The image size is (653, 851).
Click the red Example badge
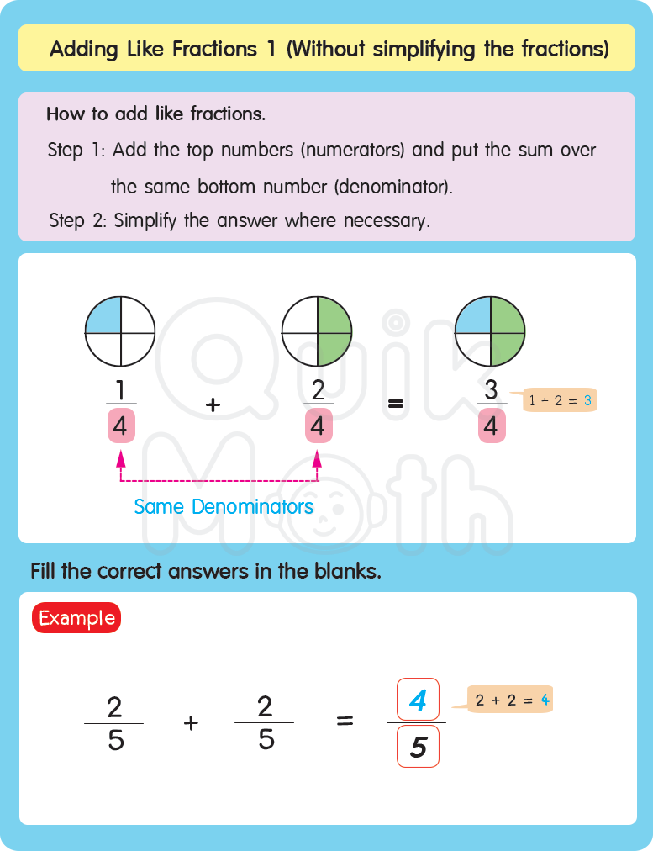tap(76, 618)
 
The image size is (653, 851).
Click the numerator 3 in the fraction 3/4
tap(491, 390)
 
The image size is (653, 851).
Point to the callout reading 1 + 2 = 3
tap(560, 401)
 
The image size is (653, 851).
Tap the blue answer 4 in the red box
tap(418, 700)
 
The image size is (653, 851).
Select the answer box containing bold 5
tap(418, 746)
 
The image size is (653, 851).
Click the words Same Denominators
tap(224, 507)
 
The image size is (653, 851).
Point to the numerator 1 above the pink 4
tap(120, 390)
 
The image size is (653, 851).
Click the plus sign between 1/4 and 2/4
tap(213, 404)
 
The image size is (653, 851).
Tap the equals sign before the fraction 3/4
tap(395, 404)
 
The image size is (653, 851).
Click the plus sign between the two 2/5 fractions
tap(191, 722)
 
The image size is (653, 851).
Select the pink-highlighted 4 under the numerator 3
tap(491, 427)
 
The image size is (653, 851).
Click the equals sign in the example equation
tap(345, 722)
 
